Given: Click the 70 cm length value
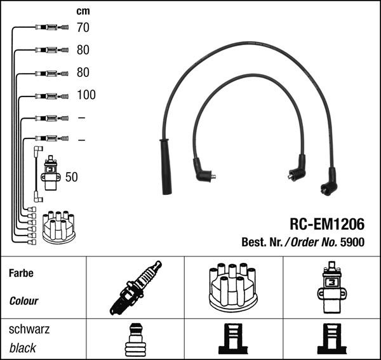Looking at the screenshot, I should (x=83, y=27).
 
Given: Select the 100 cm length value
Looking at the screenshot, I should (x=86, y=95).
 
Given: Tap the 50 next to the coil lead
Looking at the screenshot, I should (x=71, y=177).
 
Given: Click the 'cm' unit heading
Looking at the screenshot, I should (x=83, y=11).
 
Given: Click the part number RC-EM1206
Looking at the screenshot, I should (x=327, y=224).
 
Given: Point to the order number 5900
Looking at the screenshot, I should (x=352, y=242).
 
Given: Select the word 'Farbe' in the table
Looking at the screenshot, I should (x=21, y=274).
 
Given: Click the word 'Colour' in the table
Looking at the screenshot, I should (x=23, y=301).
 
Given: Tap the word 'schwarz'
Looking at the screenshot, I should (x=29, y=330).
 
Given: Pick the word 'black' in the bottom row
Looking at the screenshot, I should (x=23, y=348).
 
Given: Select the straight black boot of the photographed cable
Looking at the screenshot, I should (x=166, y=168).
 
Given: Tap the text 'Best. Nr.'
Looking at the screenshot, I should (x=262, y=242).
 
